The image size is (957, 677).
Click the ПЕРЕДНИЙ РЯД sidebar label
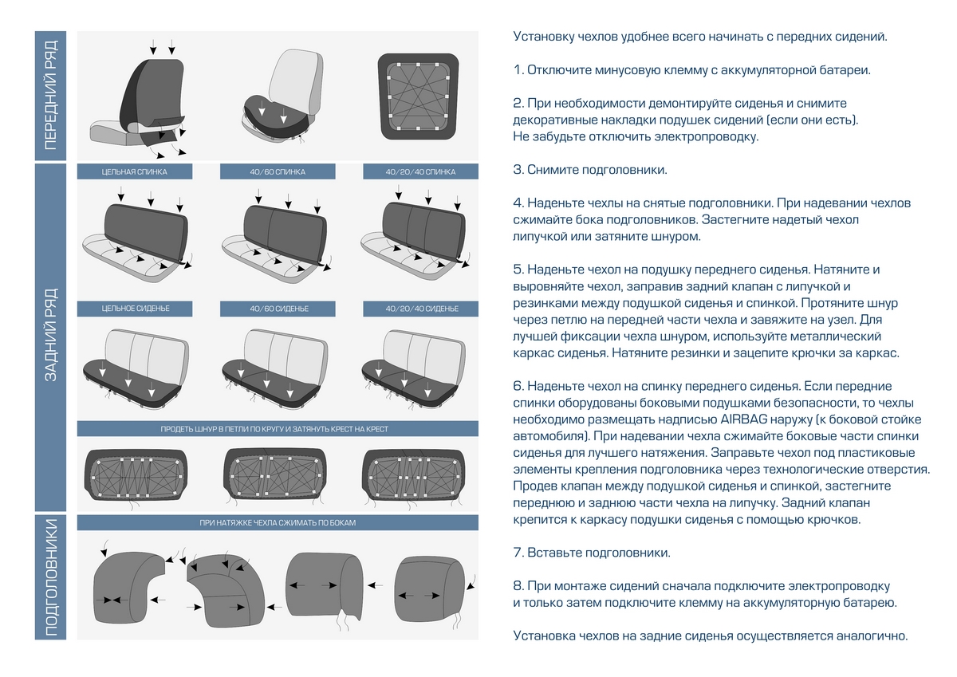point(50,96)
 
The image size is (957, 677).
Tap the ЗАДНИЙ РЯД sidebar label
point(50,335)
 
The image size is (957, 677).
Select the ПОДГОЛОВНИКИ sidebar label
point(50,577)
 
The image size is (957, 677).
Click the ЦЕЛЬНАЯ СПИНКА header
point(134,171)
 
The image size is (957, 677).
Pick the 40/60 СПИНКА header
point(278,171)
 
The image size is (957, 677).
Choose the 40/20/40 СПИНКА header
point(420,171)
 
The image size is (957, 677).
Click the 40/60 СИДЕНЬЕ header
point(278,309)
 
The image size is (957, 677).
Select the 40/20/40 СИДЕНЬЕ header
point(420,309)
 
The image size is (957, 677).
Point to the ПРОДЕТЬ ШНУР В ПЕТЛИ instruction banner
point(278,429)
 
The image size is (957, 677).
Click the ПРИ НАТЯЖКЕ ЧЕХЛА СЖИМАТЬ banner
point(278,523)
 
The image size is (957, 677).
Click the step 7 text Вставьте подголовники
point(598,553)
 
